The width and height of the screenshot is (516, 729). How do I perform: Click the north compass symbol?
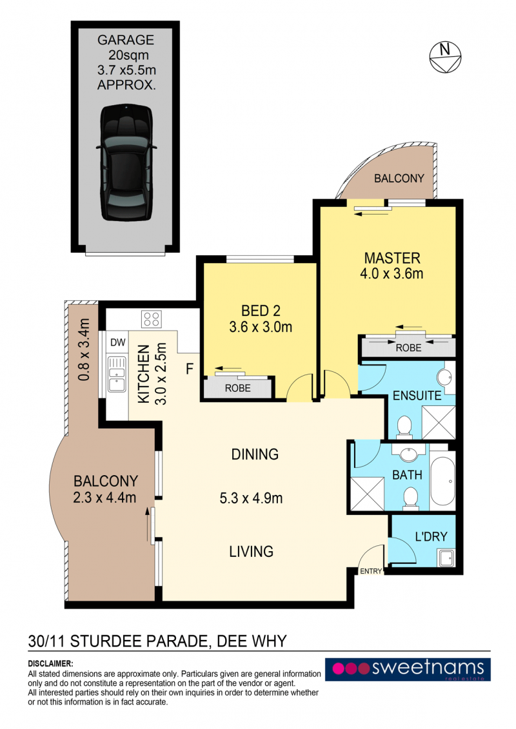445,57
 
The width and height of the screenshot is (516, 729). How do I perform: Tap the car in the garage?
126,162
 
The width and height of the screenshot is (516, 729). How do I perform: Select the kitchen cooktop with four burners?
152,320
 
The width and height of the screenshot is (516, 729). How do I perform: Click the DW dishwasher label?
118,343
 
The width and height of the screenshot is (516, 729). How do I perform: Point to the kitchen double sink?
117,374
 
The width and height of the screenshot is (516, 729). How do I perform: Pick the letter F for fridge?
190,369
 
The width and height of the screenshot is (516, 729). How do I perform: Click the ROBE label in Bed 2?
238,388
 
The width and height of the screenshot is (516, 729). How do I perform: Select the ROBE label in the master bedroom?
408,348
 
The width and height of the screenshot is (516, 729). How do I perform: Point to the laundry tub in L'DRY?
446,558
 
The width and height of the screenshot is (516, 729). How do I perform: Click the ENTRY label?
371,571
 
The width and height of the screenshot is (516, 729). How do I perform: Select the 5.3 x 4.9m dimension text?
252,498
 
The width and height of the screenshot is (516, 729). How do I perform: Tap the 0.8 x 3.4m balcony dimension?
84,349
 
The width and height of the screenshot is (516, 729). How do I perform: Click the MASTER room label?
392,258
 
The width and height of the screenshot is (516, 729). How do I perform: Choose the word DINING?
255,454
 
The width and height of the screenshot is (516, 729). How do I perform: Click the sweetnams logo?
408,669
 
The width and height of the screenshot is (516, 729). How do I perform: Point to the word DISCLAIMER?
51,663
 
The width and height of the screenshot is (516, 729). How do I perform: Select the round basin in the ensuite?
446,376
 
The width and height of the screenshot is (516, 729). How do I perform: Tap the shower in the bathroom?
367,494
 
